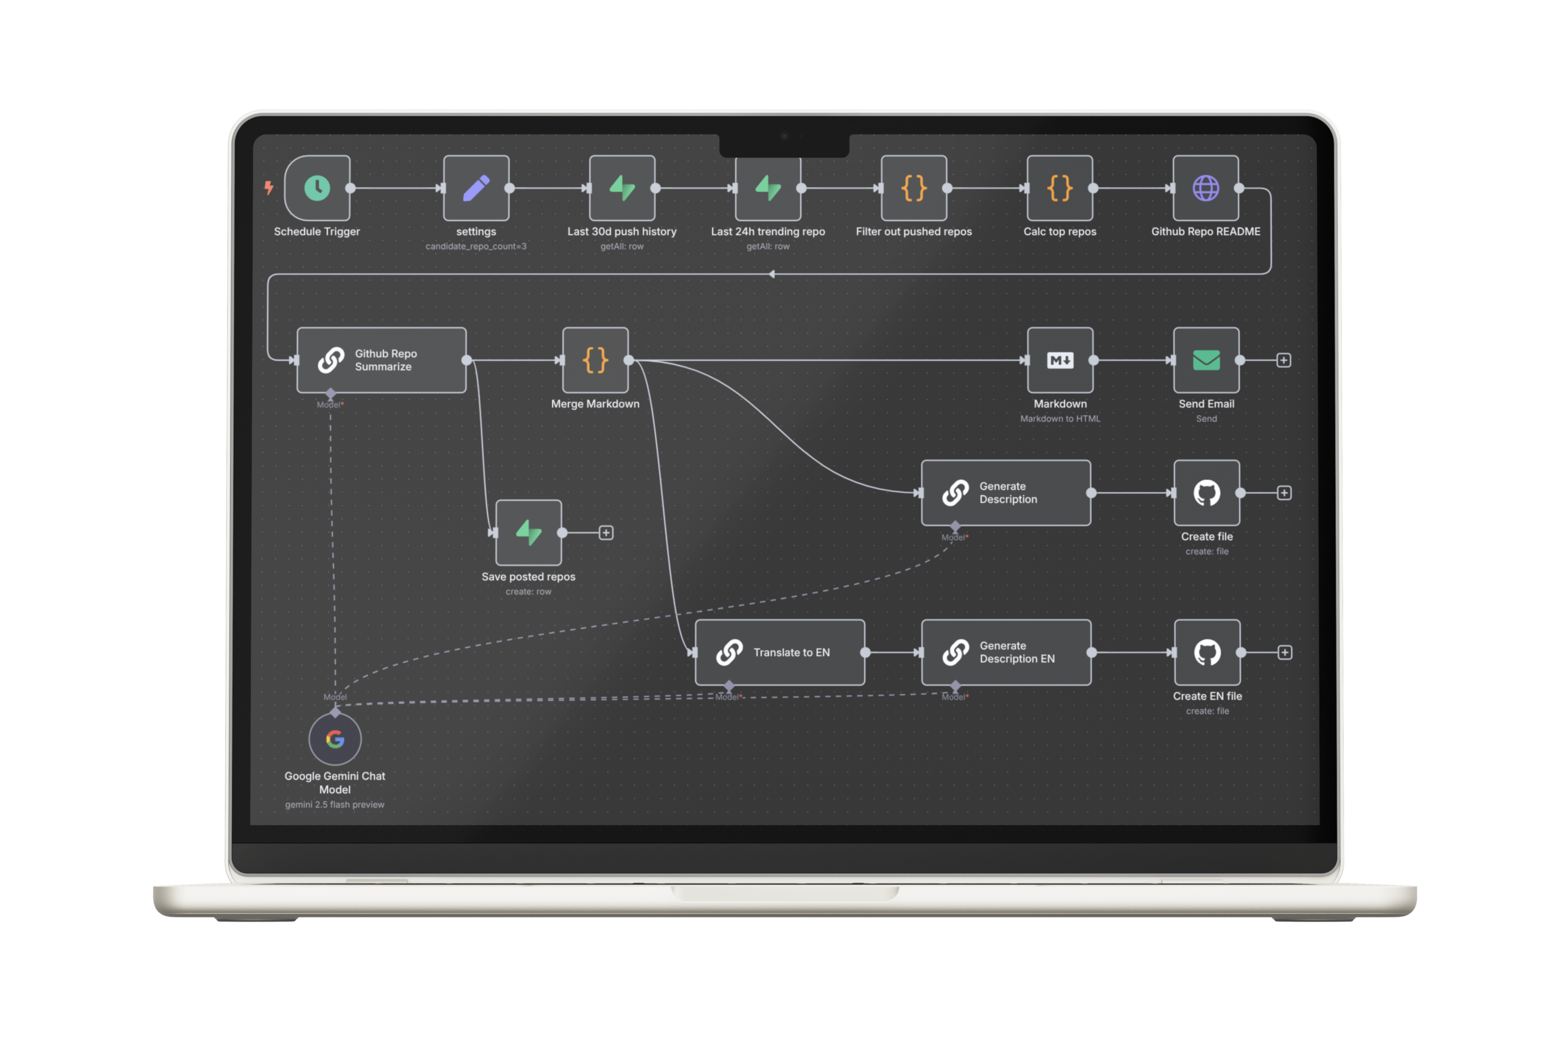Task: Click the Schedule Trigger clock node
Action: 317,188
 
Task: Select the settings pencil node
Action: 476,188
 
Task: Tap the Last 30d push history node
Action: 622,188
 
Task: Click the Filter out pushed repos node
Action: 913,188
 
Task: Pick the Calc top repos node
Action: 1060,188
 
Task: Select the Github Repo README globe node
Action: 1205,188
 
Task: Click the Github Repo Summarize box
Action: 382,361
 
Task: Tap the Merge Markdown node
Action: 595,361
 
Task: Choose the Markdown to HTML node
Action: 1060,361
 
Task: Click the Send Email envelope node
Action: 1206,361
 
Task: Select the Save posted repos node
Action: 528,533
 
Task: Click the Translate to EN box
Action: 780,653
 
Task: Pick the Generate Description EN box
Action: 1006,653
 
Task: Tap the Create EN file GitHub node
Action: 1207,653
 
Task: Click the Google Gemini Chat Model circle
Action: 335,739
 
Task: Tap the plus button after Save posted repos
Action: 606,533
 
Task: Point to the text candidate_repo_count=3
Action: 476,247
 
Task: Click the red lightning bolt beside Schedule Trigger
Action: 269,188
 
